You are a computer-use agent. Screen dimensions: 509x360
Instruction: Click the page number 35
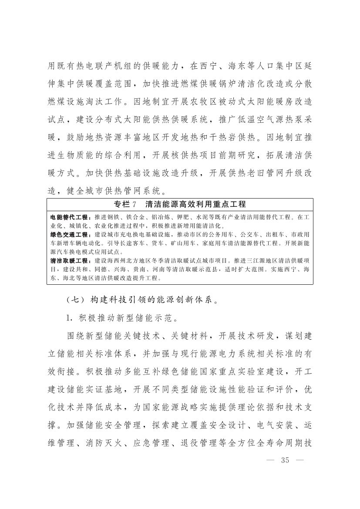(286, 461)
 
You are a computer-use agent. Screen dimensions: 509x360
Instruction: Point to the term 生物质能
(77, 159)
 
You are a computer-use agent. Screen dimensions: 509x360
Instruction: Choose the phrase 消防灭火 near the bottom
(105, 443)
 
